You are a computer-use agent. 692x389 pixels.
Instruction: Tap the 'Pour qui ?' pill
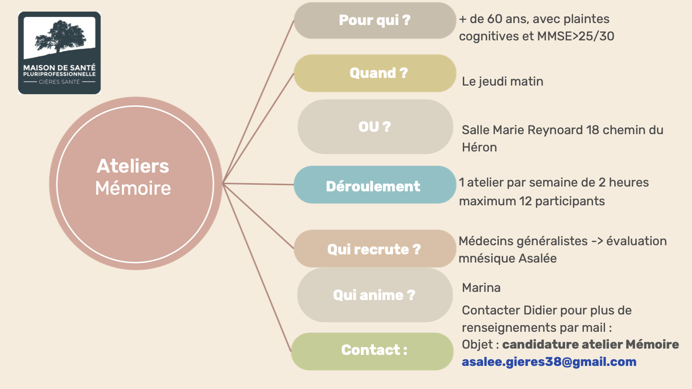click(x=374, y=20)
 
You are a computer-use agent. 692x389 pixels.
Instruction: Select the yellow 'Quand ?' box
click(x=374, y=73)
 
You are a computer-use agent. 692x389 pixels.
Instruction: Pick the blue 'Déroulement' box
click(x=374, y=186)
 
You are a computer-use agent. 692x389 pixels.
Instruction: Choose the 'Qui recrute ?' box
click(x=374, y=249)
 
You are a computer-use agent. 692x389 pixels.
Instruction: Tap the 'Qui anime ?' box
click(x=374, y=295)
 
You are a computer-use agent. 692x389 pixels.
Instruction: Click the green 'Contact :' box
click(x=372, y=351)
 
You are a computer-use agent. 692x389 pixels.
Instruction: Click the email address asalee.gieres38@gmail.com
click(x=549, y=362)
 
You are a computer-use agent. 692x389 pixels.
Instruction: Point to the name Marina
click(x=481, y=288)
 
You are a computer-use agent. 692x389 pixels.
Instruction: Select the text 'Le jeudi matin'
click(x=502, y=82)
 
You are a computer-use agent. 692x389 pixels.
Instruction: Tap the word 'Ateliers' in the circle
click(x=133, y=166)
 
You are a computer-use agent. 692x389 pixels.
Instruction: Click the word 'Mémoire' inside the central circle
click(x=133, y=188)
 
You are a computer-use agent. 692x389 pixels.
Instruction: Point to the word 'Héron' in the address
click(x=479, y=147)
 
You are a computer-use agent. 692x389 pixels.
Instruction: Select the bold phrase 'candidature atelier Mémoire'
click(x=590, y=345)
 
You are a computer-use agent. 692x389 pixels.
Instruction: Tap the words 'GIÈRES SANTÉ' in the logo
click(x=59, y=82)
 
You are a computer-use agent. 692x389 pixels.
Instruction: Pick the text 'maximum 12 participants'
click(x=531, y=201)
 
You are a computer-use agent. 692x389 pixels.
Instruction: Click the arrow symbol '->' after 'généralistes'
click(x=596, y=241)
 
